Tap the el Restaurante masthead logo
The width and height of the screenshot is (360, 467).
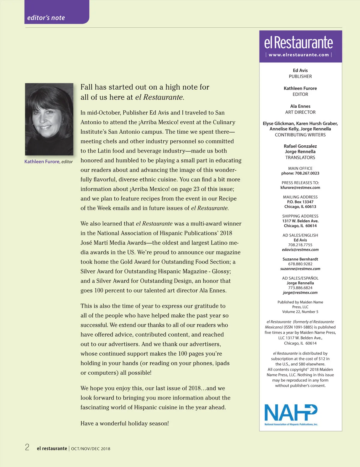tap(298, 43)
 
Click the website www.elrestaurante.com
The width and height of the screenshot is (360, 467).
tap(299, 55)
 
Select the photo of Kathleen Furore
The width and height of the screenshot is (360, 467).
tap(49, 119)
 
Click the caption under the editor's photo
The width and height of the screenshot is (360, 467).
tap(49, 162)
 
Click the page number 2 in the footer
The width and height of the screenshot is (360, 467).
tap(27, 448)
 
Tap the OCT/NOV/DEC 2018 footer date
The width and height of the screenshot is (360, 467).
tap(91, 449)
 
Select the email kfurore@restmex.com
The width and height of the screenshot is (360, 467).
tap(300, 188)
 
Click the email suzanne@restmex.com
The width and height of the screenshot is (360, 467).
tap(300, 269)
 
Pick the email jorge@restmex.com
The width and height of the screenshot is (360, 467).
tap(300, 293)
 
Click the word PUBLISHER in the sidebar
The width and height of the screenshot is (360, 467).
tap(300, 76)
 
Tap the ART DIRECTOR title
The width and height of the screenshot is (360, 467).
tap(300, 112)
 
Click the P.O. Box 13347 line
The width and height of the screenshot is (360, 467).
tap(300, 202)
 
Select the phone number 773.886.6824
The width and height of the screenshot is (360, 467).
tap(300, 288)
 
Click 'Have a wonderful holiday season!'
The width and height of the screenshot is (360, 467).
tap(124, 423)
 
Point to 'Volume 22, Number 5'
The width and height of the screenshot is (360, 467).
tap(300, 312)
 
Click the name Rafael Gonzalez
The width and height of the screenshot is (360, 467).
tap(300, 146)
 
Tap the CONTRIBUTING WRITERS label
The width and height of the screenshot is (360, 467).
tap(300, 135)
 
